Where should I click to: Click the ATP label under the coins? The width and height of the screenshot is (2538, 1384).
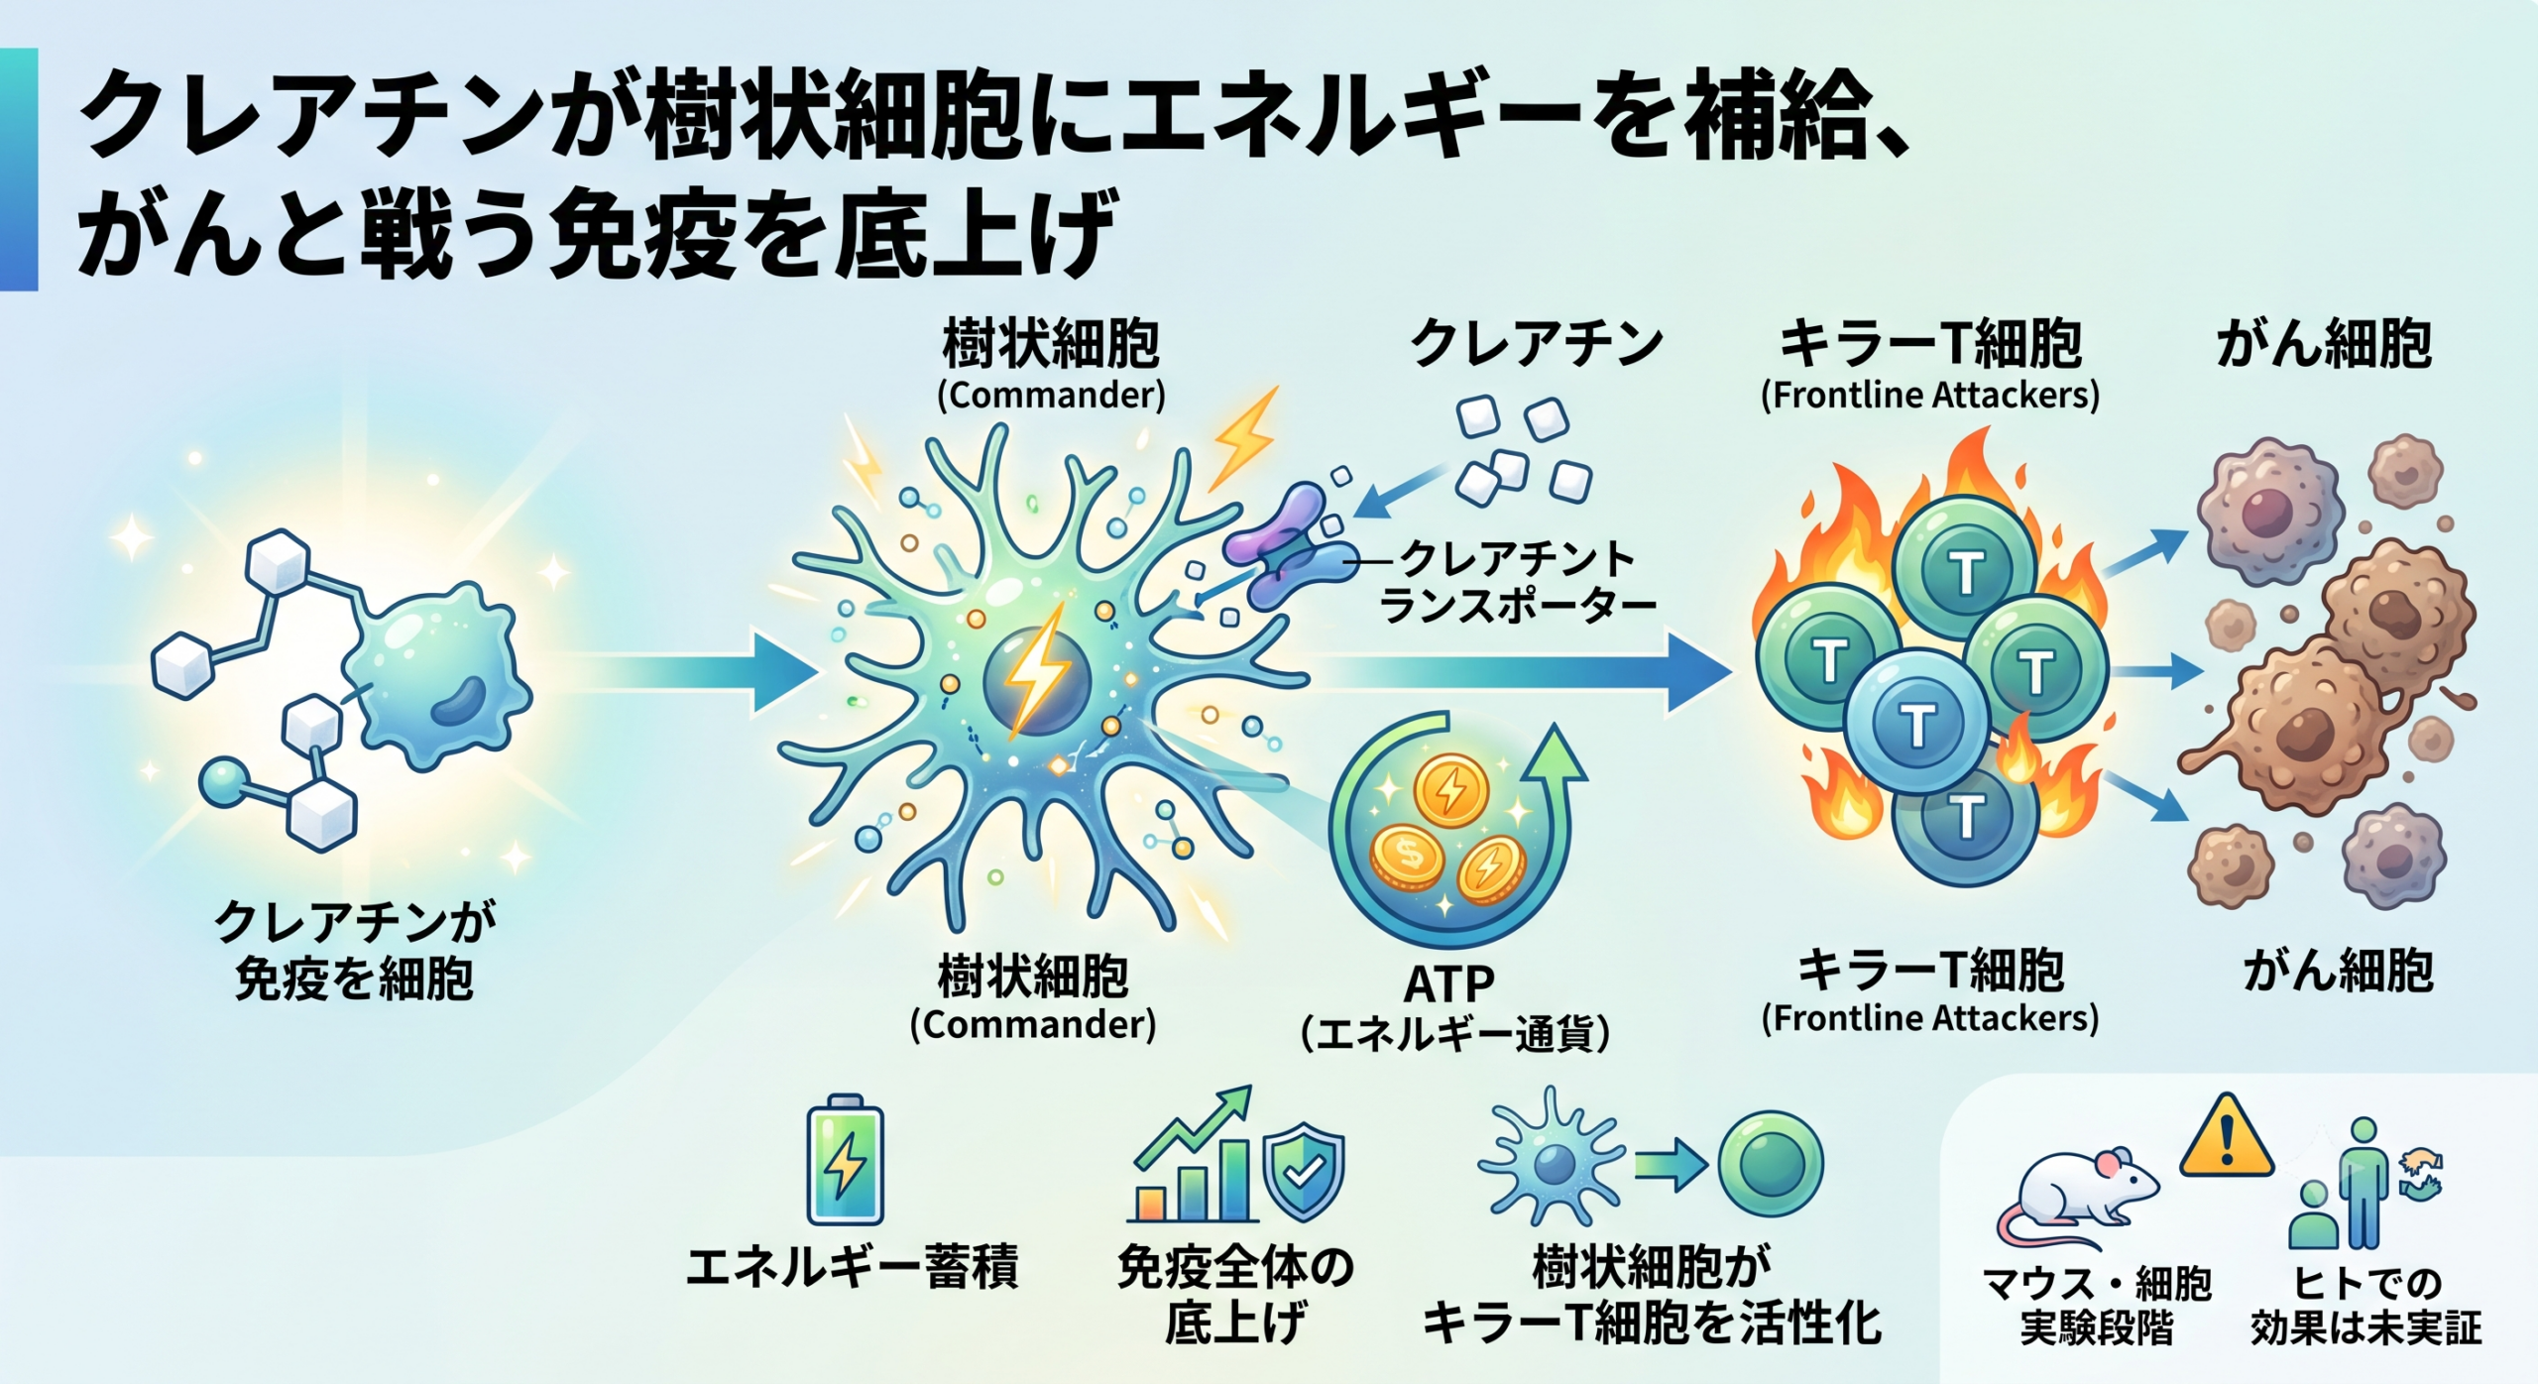point(1448,983)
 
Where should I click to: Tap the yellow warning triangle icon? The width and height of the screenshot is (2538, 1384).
point(2227,1138)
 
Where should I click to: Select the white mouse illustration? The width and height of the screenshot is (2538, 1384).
point(2076,1201)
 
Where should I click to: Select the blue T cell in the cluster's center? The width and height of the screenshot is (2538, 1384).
point(1917,722)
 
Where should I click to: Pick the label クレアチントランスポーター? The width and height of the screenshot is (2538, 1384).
point(1517,582)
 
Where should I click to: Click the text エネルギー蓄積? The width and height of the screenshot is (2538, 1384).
point(852,1267)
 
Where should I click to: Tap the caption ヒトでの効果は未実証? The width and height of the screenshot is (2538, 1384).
point(2365,1306)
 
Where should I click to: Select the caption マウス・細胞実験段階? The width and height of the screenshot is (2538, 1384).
point(2097,1306)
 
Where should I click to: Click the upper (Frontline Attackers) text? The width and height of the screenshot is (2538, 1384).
point(1929,396)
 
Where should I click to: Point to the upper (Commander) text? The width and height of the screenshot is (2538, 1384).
point(1051,396)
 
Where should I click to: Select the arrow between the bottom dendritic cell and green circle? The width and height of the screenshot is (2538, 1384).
point(1672,1166)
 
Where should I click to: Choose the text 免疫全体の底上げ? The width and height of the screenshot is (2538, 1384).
point(1235,1294)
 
